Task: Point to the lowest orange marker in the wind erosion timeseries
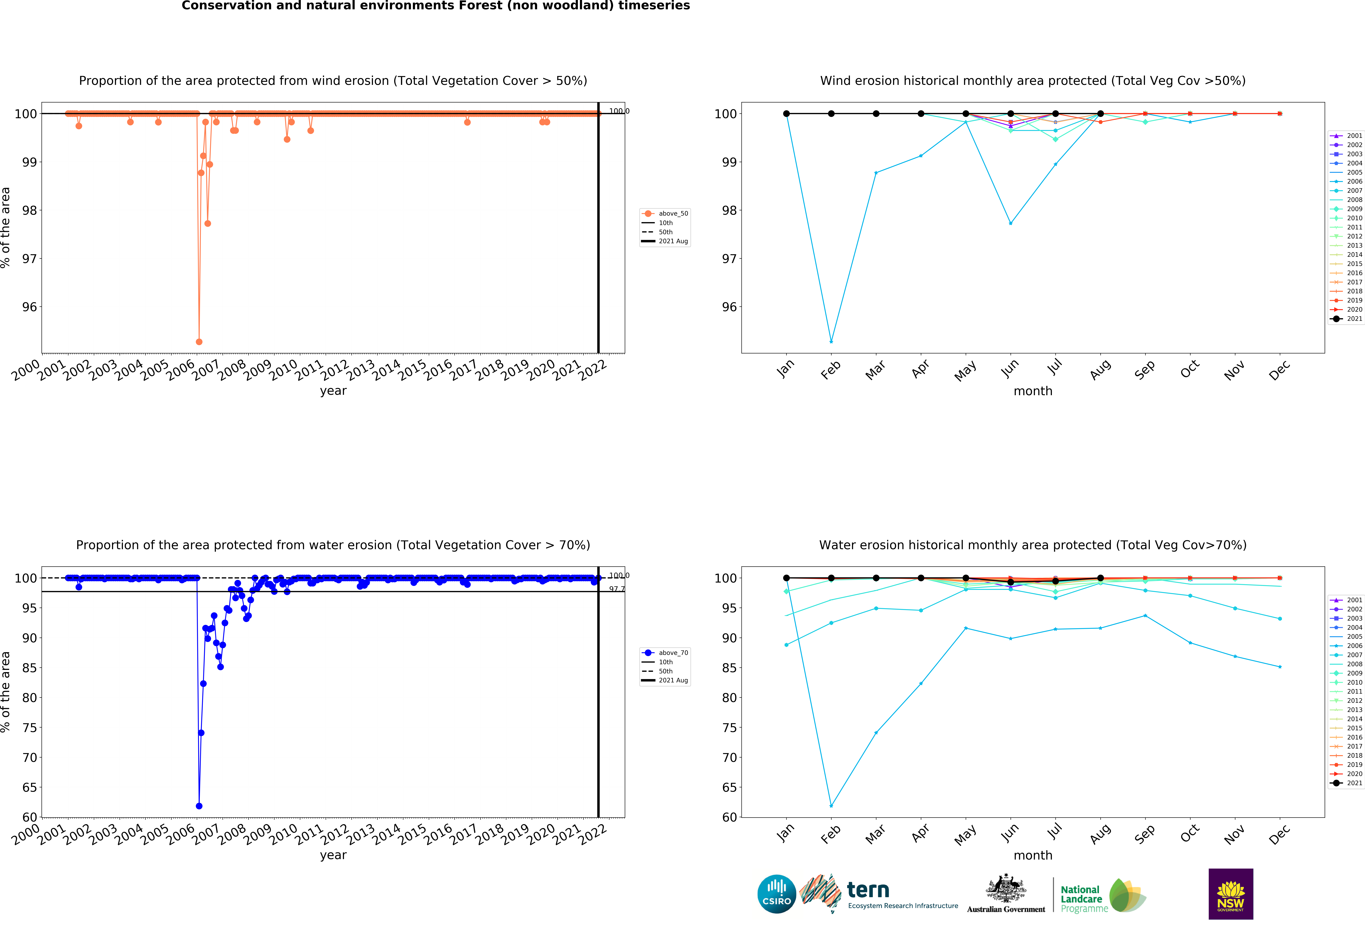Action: (199, 342)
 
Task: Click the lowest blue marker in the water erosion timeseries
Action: (199, 806)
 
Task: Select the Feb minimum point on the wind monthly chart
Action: (831, 342)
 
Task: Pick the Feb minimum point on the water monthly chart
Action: (831, 806)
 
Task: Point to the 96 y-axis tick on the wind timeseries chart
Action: (29, 307)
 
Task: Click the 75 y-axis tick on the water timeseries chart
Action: (29, 728)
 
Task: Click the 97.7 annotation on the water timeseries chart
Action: (617, 589)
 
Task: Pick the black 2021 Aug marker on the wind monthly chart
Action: (1100, 114)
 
